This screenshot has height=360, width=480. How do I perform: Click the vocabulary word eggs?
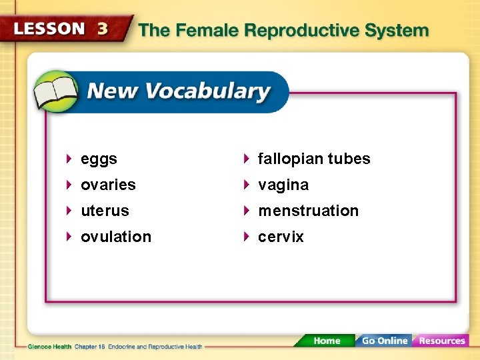click(99, 159)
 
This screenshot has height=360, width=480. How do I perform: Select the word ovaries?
click(108, 185)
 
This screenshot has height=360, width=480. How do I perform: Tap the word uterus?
click(105, 211)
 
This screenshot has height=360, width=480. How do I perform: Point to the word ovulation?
click(116, 237)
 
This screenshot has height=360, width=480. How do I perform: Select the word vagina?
click(283, 185)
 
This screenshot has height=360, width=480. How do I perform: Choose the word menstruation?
click(308, 211)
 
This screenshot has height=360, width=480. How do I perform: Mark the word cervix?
click(281, 237)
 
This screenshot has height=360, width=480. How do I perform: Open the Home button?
click(327, 341)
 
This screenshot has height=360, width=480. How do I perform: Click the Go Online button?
click(383, 341)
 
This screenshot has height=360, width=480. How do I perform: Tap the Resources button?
click(441, 341)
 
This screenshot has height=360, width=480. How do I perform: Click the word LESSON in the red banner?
click(50, 29)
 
